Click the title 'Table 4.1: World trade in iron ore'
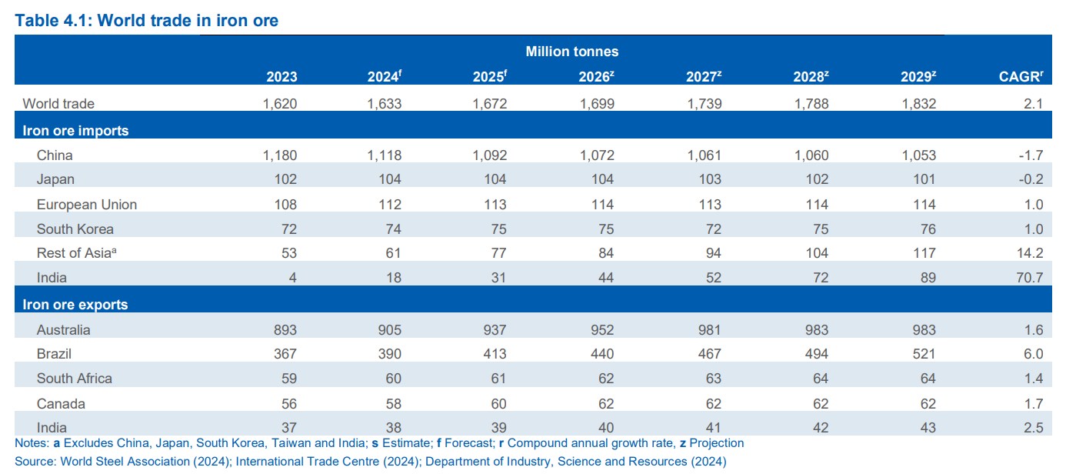pyautogui.click(x=146, y=21)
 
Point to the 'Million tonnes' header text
pyautogui.click(x=571, y=52)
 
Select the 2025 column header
pyautogui.click(x=490, y=77)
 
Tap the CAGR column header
pyautogui.click(x=1020, y=77)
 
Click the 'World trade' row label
pyautogui.click(x=58, y=103)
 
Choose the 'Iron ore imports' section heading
pyautogui.click(x=75, y=131)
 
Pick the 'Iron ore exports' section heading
pyautogui.click(x=75, y=305)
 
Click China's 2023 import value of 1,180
pyautogui.click(x=279, y=155)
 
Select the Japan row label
pyautogui.click(x=55, y=179)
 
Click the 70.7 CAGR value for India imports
pyautogui.click(x=1028, y=277)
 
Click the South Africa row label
pyautogui.click(x=75, y=379)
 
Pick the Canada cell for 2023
pyautogui.click(x=285, y=404)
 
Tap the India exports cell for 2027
pyautogui.click(x=713, y=428)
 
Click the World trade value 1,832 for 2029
pyautogui.click(x=918, y=103)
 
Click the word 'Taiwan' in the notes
pyautogui.click(x=307, y=443)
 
